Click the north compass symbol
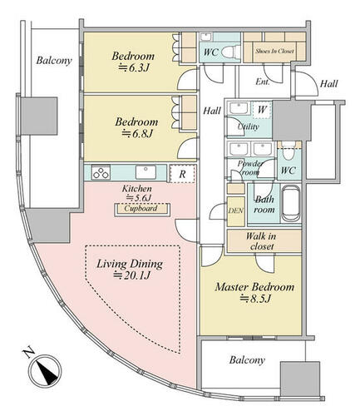tap(45, 371)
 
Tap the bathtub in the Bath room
tap(290, 203)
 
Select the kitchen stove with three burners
tap(101, 172)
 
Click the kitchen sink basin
tap(146, 172)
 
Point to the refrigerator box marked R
tap(182, 174)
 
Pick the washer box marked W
tap(262, 110)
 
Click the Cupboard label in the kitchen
tap(141, 208)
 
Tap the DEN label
tap(236, 210)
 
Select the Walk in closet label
tap(261, 241)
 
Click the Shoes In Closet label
tap(274, 51)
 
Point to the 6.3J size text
tap(134, 67)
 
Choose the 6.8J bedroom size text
tap(137, 134)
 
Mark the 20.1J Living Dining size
tap(132, 275)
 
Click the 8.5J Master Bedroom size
tap(255, 299)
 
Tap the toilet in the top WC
tap(231, 52)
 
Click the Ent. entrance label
tap(263, 82)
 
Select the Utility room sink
tap(239, 108)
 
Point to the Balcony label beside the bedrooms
tap(54, 60)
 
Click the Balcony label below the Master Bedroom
tap(247, 360)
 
